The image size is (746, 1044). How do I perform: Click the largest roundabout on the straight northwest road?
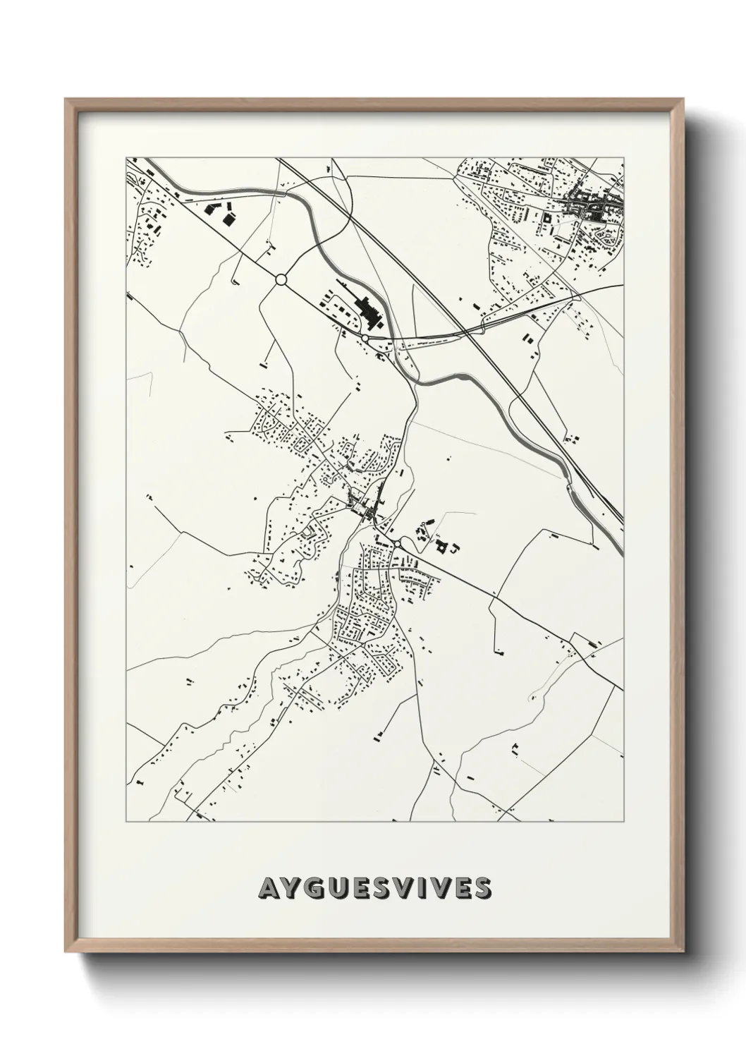pyautogui.click(x=281, y=280)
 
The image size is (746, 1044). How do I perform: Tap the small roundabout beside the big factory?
pyautogui.click(x=365, y=339)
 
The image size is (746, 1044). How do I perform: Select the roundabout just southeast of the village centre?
pyautogui.click(x=398, y=543)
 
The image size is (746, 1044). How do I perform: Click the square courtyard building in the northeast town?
pyautogui.click(x=546, y=224)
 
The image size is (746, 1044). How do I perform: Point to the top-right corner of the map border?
pyautogui.click(x=623, y=157)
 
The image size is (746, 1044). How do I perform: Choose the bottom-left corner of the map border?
pyautogui.click(x=126, y=821)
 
